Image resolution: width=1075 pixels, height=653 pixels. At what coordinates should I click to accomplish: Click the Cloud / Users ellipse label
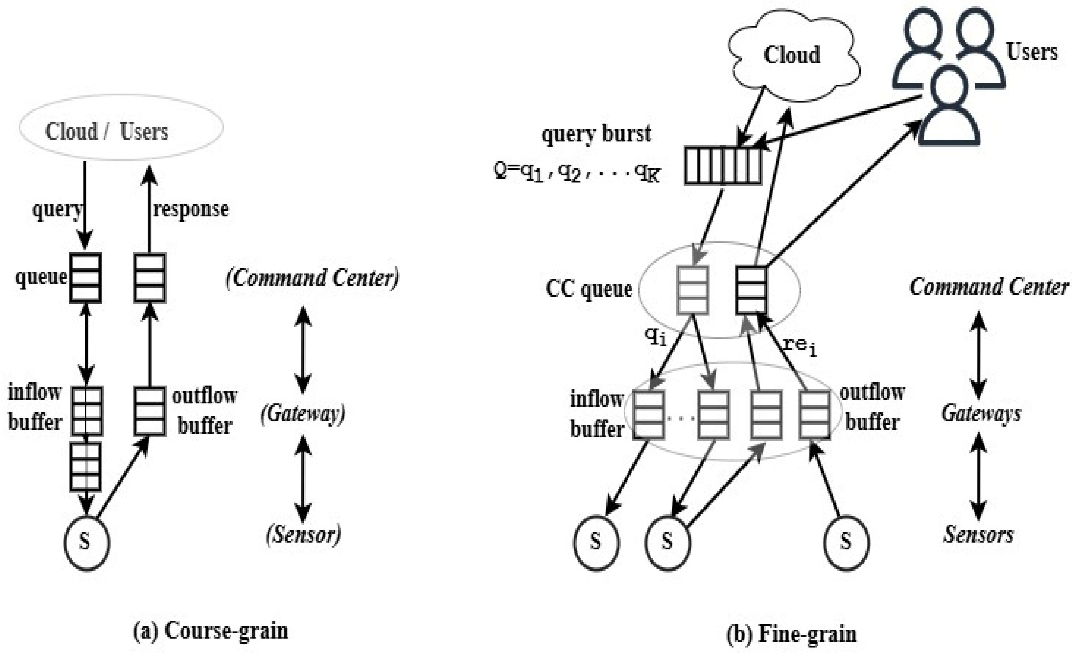107,131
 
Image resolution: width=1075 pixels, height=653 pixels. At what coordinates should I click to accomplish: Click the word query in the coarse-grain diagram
57,210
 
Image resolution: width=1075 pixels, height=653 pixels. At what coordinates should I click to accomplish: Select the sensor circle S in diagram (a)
87,543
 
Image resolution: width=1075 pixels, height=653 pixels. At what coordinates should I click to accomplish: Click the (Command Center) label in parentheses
312,278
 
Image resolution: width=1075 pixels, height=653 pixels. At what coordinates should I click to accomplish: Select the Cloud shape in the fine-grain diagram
792,55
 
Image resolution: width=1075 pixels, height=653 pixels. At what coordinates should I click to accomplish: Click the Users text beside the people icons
1031,52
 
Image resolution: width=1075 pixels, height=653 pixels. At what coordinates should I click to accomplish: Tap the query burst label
596,133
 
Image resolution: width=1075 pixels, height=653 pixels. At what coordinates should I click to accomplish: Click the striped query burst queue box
723,165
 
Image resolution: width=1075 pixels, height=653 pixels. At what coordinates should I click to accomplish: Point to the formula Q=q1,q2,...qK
577,172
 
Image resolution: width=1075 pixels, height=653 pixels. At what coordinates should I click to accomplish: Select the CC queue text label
589,289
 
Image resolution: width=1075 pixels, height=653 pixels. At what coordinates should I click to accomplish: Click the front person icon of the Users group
949,109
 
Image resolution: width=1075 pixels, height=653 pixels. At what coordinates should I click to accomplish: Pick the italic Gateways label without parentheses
981,413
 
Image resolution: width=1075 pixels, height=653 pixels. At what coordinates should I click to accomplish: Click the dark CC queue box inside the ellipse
751,290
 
